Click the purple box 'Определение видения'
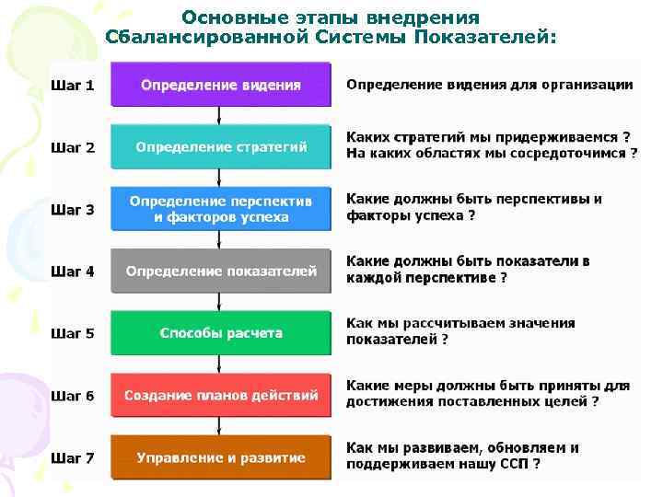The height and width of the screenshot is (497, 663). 220,86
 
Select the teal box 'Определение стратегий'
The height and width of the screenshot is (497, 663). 220,147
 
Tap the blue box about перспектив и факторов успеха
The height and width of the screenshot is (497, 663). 220,209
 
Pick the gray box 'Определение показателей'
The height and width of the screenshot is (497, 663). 220,272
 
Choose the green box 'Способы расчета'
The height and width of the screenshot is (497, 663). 220,333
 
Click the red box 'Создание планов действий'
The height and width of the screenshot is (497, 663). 220,396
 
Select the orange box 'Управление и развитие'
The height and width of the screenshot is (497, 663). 220,457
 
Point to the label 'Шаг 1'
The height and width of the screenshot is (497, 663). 73,86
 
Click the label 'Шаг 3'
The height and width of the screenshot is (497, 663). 73,210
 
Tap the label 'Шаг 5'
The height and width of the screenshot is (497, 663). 73,333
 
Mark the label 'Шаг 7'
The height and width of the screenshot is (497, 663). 73,457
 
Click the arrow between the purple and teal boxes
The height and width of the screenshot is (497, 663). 219,116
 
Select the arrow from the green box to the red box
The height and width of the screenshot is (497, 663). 219,364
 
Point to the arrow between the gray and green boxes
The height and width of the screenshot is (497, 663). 219,303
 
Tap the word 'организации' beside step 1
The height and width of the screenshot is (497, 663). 587,85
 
